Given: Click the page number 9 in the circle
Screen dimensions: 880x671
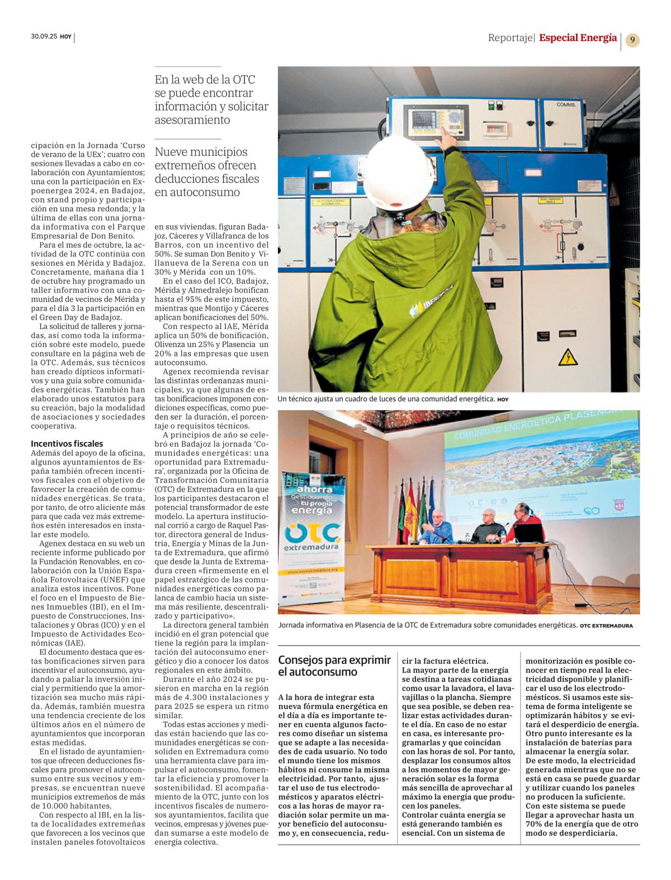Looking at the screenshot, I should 632,40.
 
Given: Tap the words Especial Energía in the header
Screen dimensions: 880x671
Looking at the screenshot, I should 578,38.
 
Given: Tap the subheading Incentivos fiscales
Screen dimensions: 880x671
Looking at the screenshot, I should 59,444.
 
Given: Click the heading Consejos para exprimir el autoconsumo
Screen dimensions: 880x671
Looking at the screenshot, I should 334,666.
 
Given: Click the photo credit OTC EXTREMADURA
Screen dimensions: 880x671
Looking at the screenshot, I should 606,626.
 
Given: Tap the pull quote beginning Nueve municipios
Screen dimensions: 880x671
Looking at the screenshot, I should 207,172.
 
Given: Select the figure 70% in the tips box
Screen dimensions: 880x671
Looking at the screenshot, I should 535,824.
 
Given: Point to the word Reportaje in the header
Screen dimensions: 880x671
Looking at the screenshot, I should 511,38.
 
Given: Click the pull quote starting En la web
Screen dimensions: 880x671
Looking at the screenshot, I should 211,99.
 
